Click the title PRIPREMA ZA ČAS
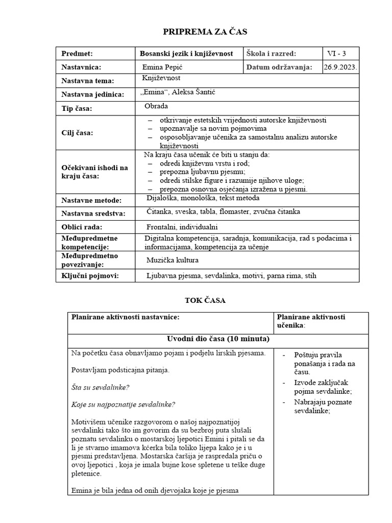pyautogui.click(x=204, y=32)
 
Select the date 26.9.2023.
pyautogui.click(x=340, y=67)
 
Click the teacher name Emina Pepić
pyautogui.click(x=162, y=67)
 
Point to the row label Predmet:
pyautogui.click(x=77, y=54)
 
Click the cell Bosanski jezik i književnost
pyautogui.click(x=186, y=54)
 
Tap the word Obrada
pyautogui.click(x=157, y=106)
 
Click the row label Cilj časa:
pyautogui.click(x=78, y=133)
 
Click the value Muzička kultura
pyautogui.click(x=172, y=260)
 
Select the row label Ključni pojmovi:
pyautogui.click(x=90, y=276)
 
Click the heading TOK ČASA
pyautogui.click(x=204, y=300)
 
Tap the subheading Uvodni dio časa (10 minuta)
pyautogui.click(x=218, y=339)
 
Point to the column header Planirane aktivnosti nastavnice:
pyautogui.click(x=126, y=317)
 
